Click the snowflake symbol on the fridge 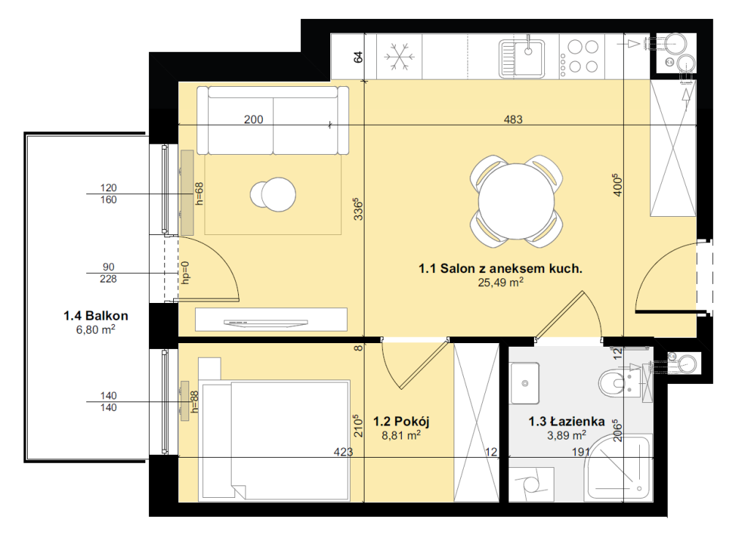coord(400,57)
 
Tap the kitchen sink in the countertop coord(522,58)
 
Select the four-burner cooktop coord(581,57)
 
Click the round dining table coord(516,201)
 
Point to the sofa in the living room coord(273,120)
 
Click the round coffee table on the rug coord(273,194)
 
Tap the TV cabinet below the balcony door coord(271,319)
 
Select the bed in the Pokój coord(275,440)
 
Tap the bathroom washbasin coord(524,383)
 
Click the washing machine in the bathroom coord(532,484)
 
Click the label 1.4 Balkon coord(96,315)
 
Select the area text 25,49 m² coord(500,283)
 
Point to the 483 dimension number coord(514,119)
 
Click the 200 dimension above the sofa coord(253,119)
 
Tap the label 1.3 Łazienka coord(566,421)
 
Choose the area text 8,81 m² coord(401,435)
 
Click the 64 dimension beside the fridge coord(358,57)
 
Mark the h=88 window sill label coord(194,401)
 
